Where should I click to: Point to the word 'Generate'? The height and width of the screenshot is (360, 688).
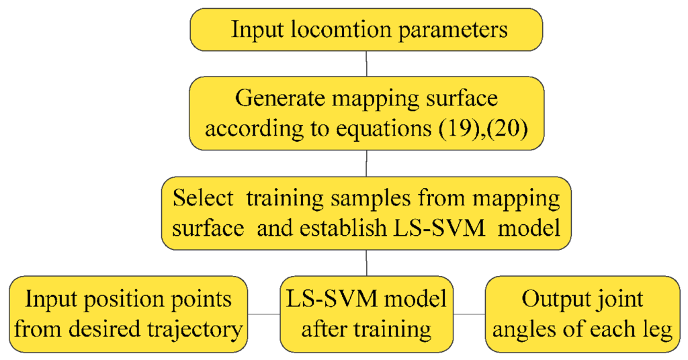point(273,99)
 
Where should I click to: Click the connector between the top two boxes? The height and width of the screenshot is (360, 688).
point(365,63)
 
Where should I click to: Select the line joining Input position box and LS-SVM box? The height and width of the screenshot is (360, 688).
point(264,314)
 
